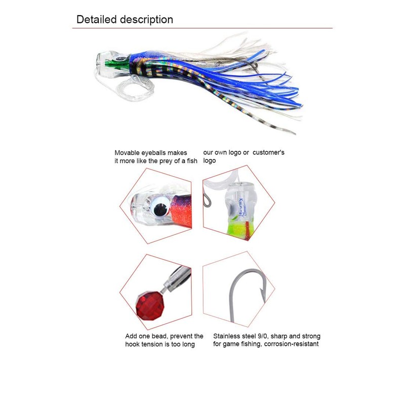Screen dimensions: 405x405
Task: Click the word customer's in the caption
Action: (268, 152)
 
